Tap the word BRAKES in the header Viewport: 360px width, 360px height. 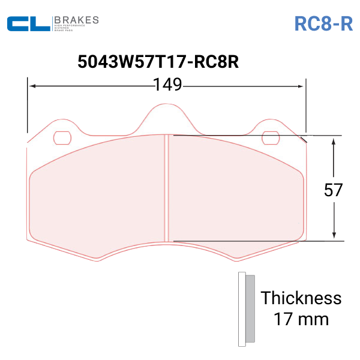(76, 19)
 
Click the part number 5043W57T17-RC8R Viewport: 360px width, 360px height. (158, 62)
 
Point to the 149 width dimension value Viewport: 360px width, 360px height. (167, 85)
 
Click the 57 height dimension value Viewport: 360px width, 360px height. (334, 190)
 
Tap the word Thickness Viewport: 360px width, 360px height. (301, 298)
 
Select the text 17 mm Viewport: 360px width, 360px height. (301, 318)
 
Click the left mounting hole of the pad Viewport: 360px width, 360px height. (62, 137)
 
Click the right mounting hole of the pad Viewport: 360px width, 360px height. (271, 137)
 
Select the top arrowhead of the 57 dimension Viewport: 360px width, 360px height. (334, 140)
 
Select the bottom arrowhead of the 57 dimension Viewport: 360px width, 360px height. (334, 237)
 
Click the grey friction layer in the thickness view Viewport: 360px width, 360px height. (250, 309)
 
